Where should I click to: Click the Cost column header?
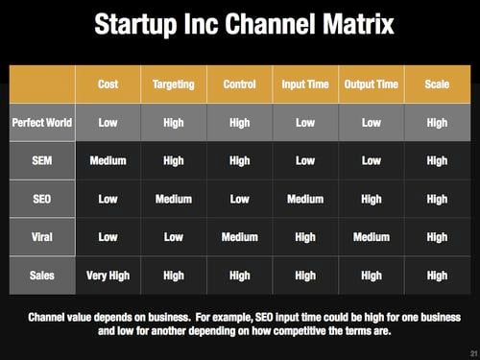click(108, 84)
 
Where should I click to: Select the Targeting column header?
click(173, 84)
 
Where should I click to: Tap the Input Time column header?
click(305, 84)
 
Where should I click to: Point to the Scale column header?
click(437, 84)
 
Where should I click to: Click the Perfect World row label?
click(43, 123)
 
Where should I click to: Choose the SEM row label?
click(43, 160)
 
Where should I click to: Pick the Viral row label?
click(43, 237)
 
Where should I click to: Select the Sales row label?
click(43, 276)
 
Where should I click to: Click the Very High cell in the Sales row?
click(108, 276)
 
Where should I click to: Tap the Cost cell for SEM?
click(108, 160)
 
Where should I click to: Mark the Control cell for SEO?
click(239, 199)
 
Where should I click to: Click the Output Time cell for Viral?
click(371, 237)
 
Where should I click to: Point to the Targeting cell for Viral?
click(173, 237)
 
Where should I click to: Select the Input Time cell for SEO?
click(305, 199)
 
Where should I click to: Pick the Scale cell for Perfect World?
click(437, 123)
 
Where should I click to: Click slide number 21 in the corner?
click(468, 351)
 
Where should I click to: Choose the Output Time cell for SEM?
click(371, 160)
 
